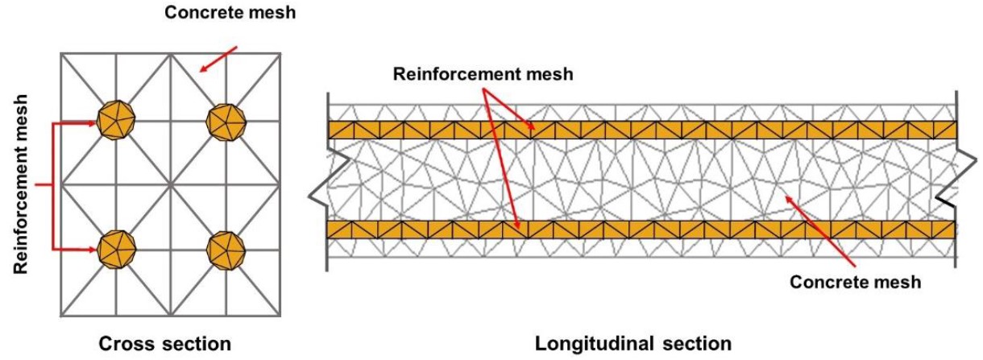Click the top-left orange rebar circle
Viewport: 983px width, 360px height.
pyautogui.click(x=117, y=122)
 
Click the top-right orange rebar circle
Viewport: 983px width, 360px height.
pyautogui.click(x=226, y=122)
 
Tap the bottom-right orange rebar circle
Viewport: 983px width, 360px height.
pyautogui.click(x=226, y=250)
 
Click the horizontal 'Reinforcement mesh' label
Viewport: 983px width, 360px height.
pyautogui.click(x=483, y=75)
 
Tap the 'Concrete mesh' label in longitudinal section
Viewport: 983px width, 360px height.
pyautogui.click(x=855, y=282)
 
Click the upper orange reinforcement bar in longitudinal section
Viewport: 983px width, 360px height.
pyautogui.click(x=641, y=130)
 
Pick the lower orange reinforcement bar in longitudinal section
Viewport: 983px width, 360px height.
pyautogui.click(x=641, y=230)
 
